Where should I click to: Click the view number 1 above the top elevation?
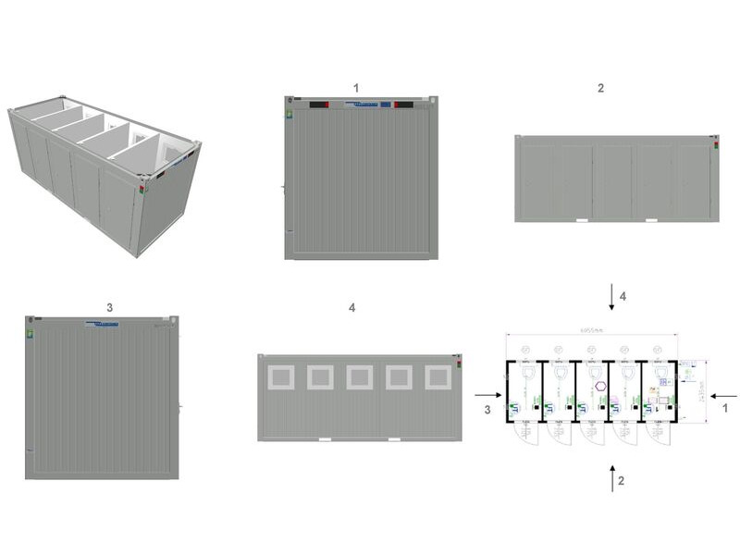(356, 87)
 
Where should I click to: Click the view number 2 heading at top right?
(600, 88)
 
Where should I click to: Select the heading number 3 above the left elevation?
(110, 307)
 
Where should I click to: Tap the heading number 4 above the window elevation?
(351, 307)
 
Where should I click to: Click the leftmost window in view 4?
(279, 376)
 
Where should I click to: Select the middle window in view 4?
(359, 376)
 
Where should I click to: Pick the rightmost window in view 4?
(438, 376)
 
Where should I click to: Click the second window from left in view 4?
(319, 376)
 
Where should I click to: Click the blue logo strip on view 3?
(102, 325)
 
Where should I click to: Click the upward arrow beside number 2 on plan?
(610, 479)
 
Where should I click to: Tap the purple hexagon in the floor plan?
(600, 386)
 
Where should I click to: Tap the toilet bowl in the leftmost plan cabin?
(525, 376)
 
